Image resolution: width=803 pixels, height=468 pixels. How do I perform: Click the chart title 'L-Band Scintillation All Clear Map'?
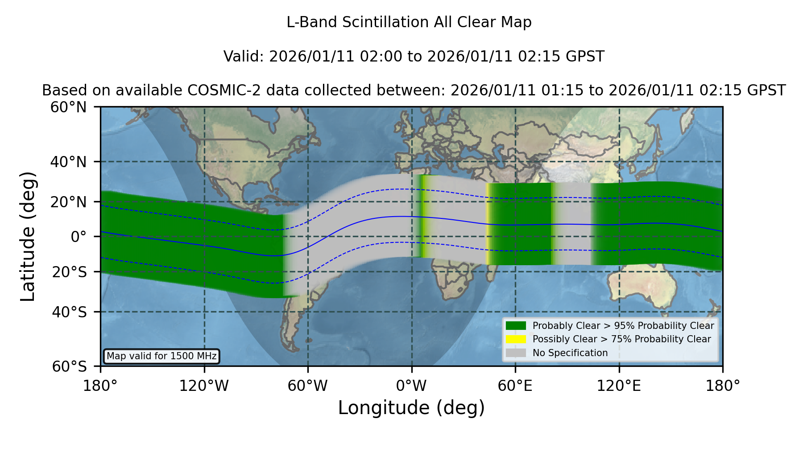tap(409, 22)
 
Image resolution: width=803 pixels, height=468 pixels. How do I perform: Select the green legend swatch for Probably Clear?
tap(516, 326)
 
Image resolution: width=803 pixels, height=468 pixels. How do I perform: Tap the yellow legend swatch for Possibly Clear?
tap(516, 339)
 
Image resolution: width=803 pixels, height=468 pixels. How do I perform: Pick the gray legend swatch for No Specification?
tap(516, 353)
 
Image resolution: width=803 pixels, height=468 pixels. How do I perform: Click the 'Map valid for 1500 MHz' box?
tap(161, 356)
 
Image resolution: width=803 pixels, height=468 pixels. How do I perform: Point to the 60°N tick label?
tap(68, 107)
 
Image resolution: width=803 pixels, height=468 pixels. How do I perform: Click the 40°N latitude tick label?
tap(68, 162)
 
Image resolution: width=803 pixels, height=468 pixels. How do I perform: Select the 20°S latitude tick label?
tap(69, 272)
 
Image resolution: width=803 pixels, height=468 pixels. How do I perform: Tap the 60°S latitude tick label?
tap(69, 366)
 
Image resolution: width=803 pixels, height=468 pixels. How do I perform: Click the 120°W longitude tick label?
tap(204, 386)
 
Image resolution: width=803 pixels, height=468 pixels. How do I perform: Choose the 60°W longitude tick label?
tap(308, 386)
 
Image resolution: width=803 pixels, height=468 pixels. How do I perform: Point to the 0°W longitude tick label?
tap(411, 386)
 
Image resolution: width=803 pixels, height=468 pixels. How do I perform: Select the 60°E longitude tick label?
tap(515, 386)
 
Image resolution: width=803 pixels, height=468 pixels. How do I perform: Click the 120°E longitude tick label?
tap(619, 386)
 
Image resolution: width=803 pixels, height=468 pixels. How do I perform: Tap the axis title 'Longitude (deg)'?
tap(411, 408)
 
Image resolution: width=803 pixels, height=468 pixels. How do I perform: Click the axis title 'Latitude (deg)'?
tap(28, 236)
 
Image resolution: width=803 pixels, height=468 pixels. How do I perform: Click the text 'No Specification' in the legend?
tap(570, 353)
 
